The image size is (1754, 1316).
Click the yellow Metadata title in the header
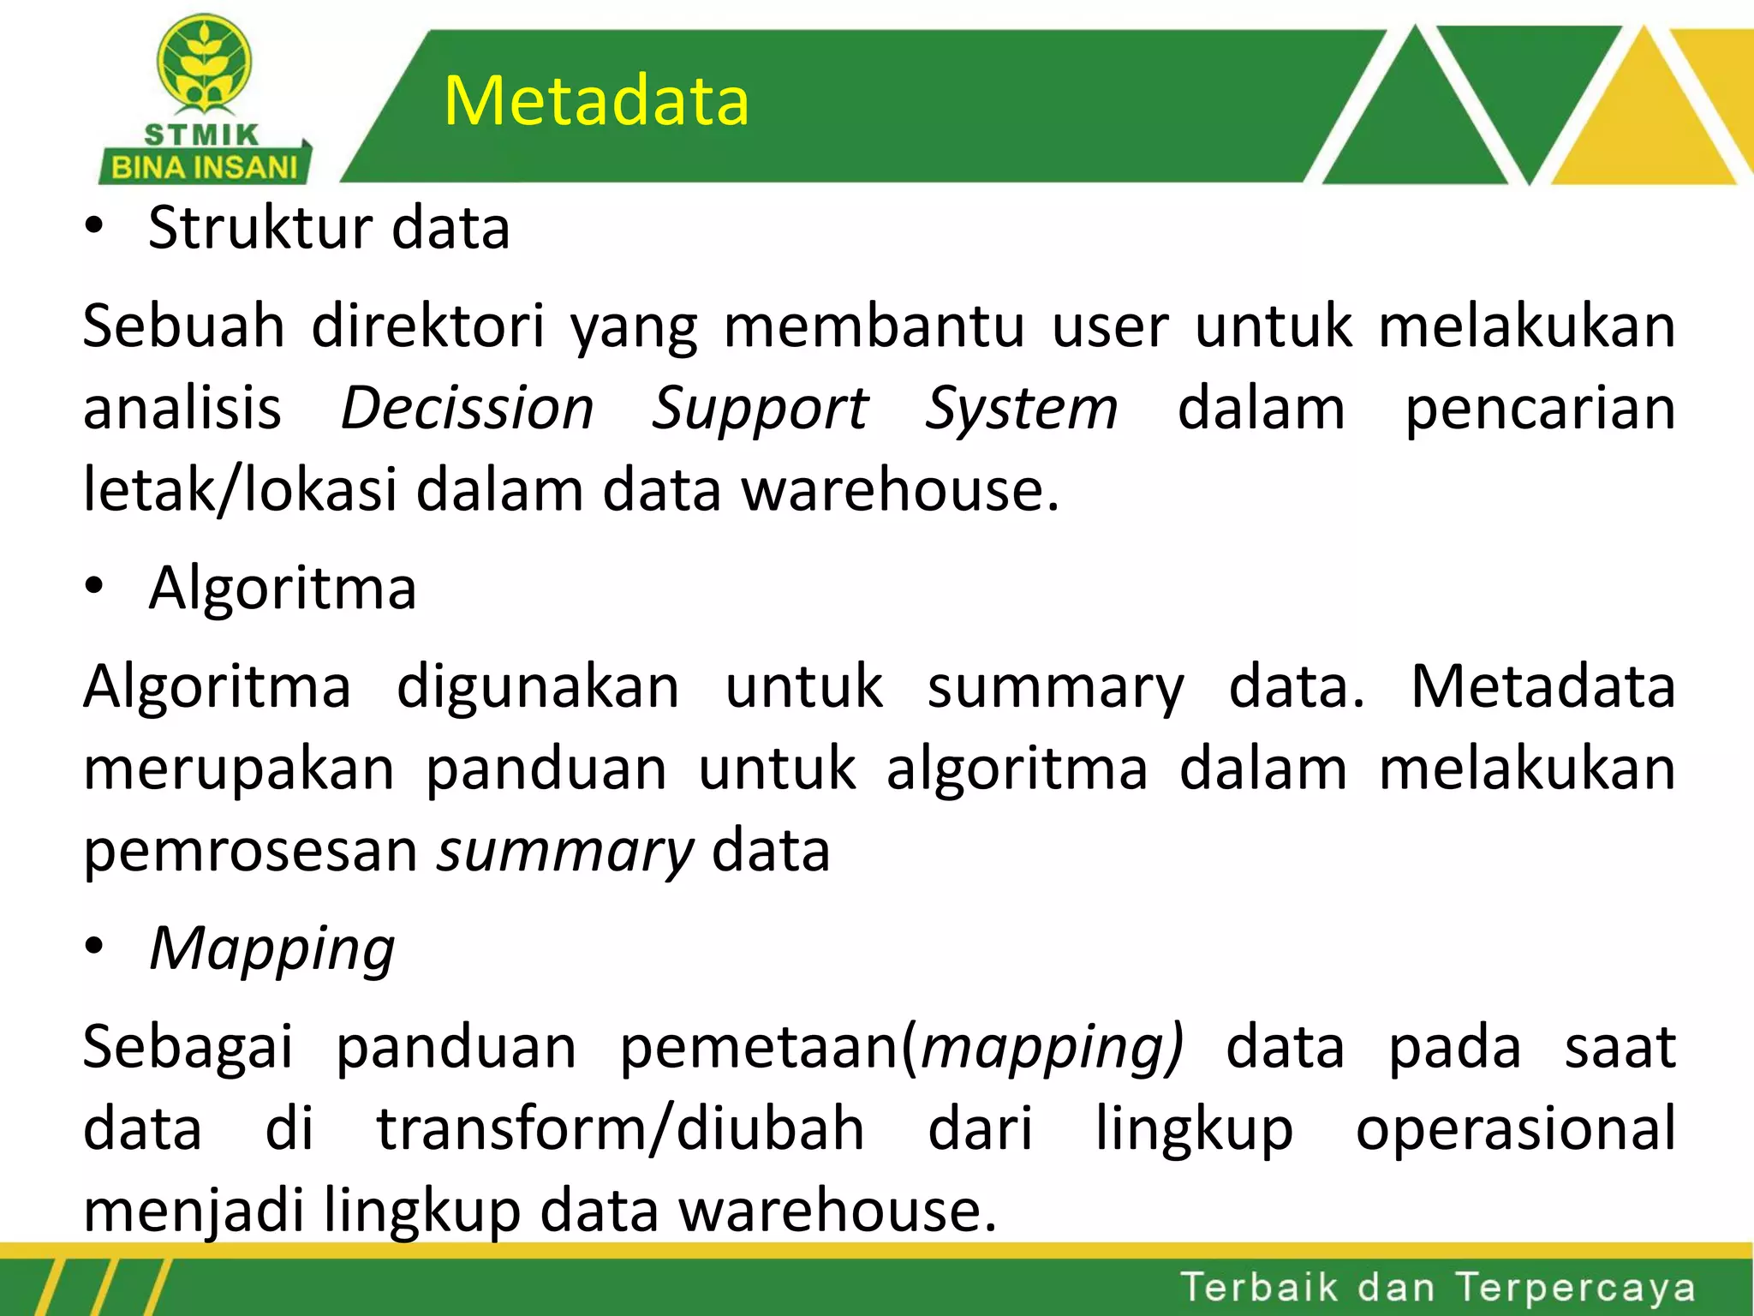pos(596,101)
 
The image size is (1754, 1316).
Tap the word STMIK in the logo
pos(201,135)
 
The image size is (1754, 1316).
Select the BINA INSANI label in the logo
pos(204,167)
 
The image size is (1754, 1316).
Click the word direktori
pos(427,326)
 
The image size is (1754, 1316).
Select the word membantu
pos(874,326)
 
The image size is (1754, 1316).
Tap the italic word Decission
pos(467,408)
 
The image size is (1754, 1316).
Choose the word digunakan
pos(538,687)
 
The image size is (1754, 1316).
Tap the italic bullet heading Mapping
pos(271,949)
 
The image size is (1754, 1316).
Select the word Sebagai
pos(188,1048)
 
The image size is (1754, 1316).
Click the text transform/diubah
pos(620,1128)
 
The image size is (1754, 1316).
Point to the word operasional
pos(1515,1128)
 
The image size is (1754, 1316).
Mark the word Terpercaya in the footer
pos(1575,1288)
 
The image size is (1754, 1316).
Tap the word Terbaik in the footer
pos(1258,1287)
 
